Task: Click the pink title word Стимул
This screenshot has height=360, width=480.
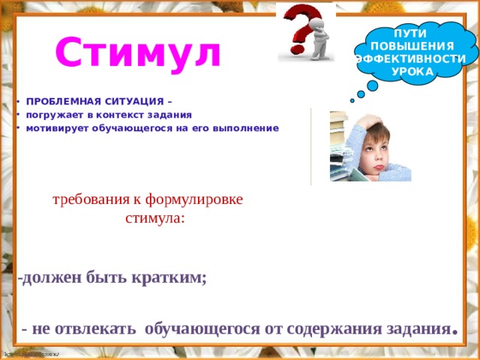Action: click(x=138, y=52)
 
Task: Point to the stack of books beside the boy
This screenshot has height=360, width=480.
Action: click(x=339, y=146)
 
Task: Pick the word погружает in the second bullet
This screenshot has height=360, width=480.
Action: click(x=52, y=115)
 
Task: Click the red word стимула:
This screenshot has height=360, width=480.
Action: click(x=154, y=219)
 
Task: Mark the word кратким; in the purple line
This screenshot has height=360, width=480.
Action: click(x=170, y=277)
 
